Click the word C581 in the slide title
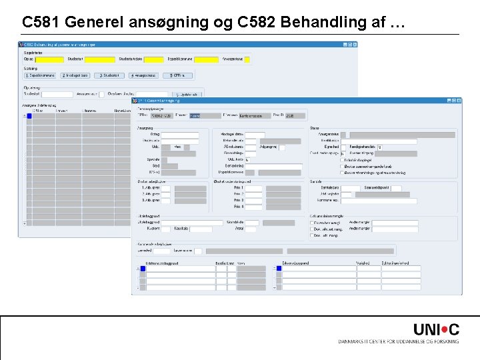click(x=39, y=23)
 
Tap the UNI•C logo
click(x=436, y=329)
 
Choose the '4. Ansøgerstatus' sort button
click(x=143, y=75)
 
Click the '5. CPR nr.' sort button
click(x=177, y=75)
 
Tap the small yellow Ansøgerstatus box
click(x=247, y=59)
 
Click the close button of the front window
click(x=459, y=101)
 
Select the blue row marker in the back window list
click(x=29, y=116)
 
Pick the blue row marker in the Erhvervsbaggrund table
click(x=279, y=269)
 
